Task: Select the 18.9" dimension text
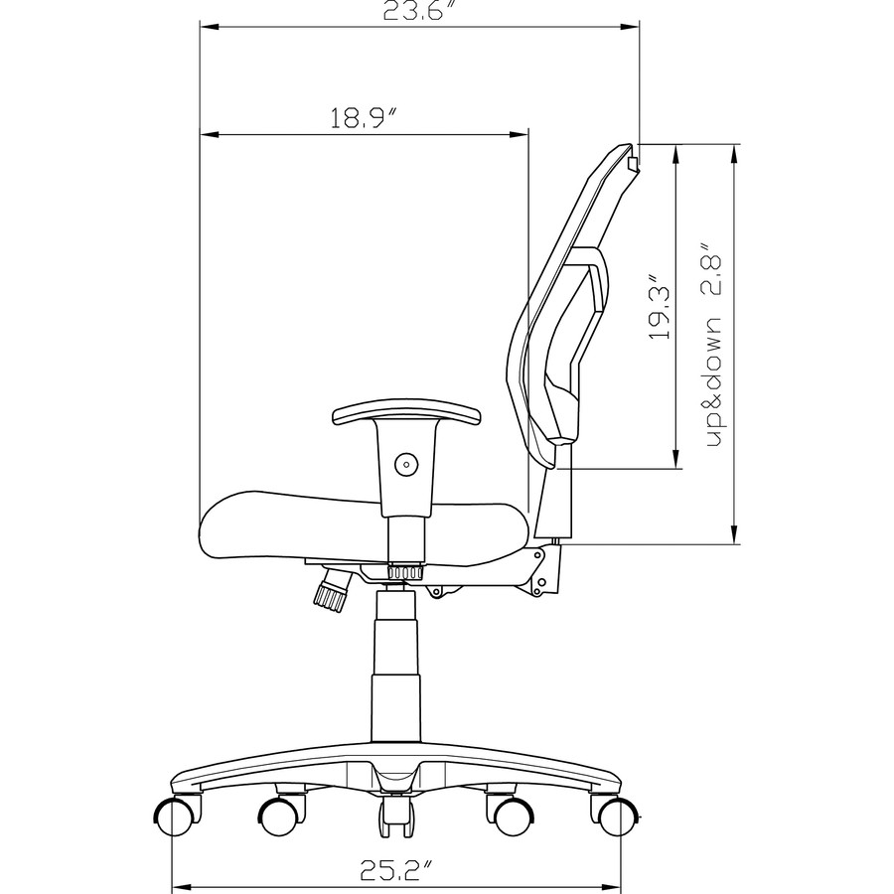pos(364,119)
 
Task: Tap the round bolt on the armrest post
pos(404,462)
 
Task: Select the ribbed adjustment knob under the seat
pos(330,590)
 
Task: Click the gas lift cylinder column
pos(396,675)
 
